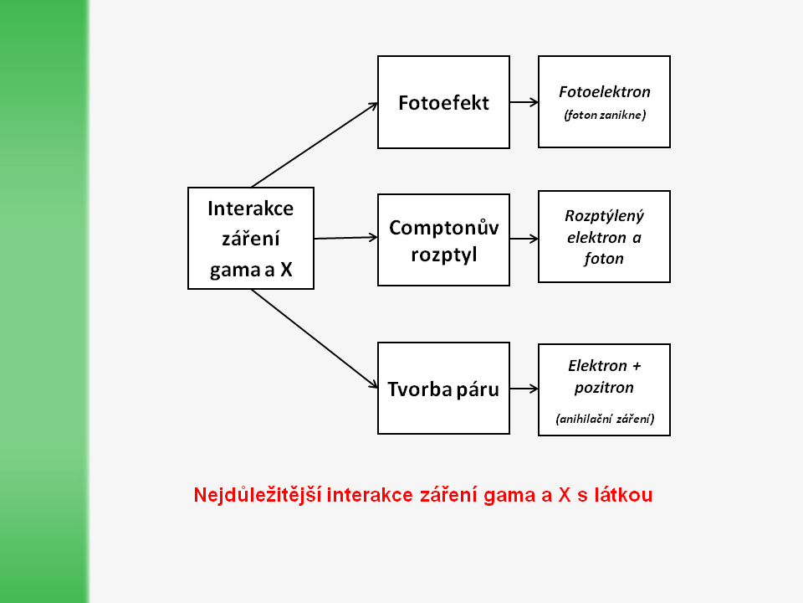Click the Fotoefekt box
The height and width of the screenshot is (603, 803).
[443, 102]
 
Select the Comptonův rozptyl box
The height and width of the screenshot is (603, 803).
[443, 240]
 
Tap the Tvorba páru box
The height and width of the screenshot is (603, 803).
[443, 388]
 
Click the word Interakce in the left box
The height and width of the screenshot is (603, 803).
[250, 209]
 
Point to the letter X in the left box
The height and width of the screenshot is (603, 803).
[286, 269]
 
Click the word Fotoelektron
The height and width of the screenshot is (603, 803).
[604, 92]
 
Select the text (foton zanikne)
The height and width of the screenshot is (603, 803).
[604, 115]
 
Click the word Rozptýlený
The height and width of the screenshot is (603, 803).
[604, 216]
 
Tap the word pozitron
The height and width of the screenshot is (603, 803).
[604, 388]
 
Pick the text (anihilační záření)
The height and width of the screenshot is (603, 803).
[605, 419]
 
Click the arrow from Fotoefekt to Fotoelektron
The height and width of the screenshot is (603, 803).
[524, 102]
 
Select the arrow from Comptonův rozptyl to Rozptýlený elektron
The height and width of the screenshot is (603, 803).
[524, 239]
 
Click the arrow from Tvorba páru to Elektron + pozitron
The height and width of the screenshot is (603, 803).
[524, 389]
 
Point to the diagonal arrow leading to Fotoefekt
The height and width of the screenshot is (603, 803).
[315, 145]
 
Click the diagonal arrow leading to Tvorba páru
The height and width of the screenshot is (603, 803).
[315, 338]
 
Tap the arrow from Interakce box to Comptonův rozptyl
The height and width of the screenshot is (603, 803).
[345, 238]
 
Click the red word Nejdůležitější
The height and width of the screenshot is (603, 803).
[258, 495]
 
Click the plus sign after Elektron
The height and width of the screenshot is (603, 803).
[637, 366]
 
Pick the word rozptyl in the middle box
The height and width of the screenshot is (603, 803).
[443, 255]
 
